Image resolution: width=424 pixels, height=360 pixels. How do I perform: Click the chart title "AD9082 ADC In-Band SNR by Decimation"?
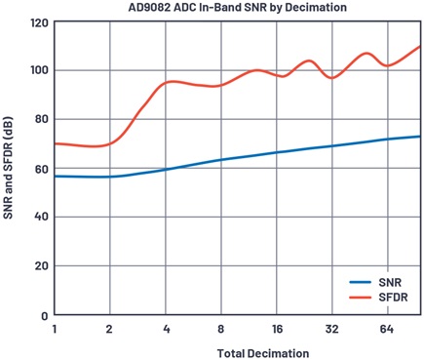point(238,7)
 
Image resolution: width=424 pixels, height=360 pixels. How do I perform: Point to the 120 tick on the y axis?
point(39,23)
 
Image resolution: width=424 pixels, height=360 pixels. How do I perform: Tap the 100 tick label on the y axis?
point(39,70)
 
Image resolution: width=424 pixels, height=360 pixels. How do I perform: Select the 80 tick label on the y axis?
point(41,119)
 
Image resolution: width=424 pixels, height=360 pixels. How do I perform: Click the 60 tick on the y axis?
point(41,169)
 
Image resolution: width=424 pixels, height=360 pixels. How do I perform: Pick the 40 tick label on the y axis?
point(41,217)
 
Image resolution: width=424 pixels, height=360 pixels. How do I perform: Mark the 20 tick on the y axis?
point(41,265)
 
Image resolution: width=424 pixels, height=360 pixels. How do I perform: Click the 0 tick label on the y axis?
point(45,316)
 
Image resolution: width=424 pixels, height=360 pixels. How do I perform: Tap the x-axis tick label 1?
point(55,330)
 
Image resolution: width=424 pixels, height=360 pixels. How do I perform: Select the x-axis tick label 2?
point(109,330)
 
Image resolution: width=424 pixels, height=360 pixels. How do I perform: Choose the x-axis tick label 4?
point(166,330)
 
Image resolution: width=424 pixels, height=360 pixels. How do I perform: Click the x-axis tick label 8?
point(221,330)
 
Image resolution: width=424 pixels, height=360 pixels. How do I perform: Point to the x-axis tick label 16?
point(277,330)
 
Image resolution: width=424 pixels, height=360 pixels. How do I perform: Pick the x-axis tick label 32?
point(332,330)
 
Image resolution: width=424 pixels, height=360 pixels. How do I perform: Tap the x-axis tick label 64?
point(387,330)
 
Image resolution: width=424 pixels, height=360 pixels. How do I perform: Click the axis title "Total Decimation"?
point(263,353)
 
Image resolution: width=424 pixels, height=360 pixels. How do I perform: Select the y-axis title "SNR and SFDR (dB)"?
point(8,167)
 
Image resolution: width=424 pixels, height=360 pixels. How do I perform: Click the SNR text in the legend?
point(390,282)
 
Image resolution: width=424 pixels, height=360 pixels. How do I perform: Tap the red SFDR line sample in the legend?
point(361,298)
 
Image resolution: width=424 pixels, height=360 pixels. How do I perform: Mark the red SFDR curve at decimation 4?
point(166,83)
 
